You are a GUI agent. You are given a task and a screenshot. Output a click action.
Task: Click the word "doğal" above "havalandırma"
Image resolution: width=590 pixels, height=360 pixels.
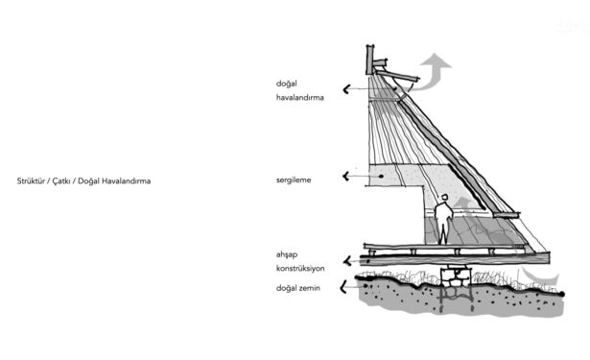point(286,84)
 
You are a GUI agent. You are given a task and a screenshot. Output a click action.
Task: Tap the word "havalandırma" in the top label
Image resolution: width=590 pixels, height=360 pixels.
point(300,98)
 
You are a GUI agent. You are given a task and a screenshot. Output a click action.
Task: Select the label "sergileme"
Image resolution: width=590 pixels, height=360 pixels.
point(294,180)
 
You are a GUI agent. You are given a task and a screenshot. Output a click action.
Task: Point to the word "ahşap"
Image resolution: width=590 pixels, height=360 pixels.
point(287,255)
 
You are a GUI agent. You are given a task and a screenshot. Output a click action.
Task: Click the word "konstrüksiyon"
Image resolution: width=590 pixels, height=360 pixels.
point(300,269)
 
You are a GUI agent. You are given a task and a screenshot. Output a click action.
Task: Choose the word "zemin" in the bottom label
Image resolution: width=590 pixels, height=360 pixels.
point(309,288)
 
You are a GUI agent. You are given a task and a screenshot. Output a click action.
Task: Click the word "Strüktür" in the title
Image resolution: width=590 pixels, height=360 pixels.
point(31,180)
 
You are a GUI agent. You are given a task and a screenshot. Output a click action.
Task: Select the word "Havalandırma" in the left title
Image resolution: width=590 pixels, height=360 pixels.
point(126,181)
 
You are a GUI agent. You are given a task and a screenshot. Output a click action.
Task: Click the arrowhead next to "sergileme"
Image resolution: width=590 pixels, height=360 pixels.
point(346,176)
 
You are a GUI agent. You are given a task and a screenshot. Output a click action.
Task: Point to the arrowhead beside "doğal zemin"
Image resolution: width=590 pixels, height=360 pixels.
point(343,287)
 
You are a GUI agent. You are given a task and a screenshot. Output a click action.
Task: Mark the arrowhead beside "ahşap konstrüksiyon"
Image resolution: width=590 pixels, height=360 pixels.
point(347,260)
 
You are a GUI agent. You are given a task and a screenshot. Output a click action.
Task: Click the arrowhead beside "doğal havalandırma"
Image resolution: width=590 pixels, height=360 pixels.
point(346,89)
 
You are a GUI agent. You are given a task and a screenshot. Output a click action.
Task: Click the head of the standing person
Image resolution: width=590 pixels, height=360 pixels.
point(445,198)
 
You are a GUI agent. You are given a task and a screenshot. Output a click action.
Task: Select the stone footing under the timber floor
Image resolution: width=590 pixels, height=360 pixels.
point(457,276)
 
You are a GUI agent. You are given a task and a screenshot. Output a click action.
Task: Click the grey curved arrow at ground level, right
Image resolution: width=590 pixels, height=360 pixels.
point(539,276)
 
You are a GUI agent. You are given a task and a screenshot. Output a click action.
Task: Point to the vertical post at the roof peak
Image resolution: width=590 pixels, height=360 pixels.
point(370,60)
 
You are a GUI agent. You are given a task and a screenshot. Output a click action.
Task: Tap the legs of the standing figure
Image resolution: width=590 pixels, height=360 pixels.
point(443,233)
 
